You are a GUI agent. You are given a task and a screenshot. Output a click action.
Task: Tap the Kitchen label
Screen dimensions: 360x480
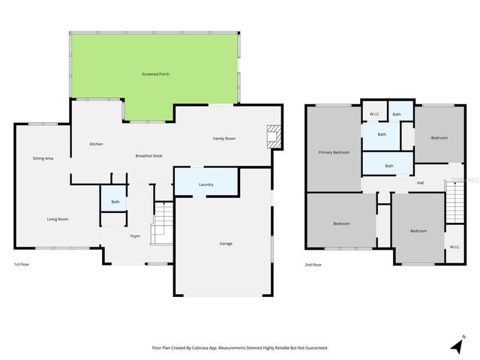[96, 144]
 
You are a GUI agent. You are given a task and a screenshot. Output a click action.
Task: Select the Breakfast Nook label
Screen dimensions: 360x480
[149, 155]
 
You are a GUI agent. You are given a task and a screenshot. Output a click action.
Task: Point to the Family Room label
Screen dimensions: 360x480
[224, 139]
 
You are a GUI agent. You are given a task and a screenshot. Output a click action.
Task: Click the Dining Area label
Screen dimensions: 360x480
[43, 158]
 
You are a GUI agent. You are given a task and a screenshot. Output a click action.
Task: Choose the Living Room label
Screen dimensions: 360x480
[58, 219]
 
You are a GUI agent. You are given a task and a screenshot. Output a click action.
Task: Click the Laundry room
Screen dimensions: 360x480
[206, 184]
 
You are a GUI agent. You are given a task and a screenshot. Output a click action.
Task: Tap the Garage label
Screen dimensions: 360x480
[226, 244]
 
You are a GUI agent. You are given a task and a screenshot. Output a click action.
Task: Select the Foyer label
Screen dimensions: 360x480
[135, 236]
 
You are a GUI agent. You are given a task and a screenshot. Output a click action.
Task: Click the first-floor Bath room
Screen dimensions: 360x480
[115, 202]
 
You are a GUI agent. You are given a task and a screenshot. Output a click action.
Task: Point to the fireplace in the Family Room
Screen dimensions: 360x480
[274, 136]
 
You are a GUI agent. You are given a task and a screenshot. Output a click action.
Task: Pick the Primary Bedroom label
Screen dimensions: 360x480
[334, 152]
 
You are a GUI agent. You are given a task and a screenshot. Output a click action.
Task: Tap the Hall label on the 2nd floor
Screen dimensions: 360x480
[421, 182]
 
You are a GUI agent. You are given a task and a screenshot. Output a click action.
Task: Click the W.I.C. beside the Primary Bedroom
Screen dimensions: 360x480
[374, 114]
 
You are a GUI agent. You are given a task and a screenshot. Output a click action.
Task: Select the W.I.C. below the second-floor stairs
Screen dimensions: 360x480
[454, 247]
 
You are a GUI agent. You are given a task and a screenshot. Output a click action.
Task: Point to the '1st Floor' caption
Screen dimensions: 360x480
[22, 265]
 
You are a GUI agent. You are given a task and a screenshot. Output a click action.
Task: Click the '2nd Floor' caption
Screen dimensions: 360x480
[313, 265]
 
